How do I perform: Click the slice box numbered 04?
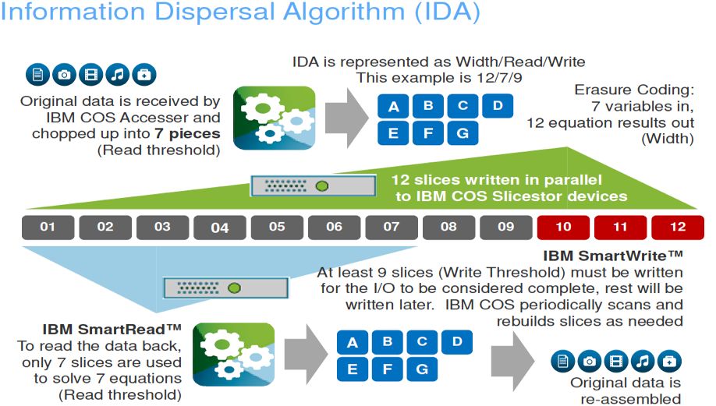pyautogui.click(x=220, y=228)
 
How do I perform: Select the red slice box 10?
pyautogui.click(x=562, y=228)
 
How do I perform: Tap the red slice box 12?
pyautogui.click(x=677, y=228)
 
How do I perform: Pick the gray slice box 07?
pyautogui.click(x=391, y=228)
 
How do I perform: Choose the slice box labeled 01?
pyautogui.click(x=48, y=228)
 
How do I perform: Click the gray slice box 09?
pyautogui.click(x=505, y=228)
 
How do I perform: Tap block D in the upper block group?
pyautogui.click(x=497, y=105)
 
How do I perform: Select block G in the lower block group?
pyautogui.click(x=422, y=367)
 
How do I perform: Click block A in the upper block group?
pyautogui.click(x=393, y=107)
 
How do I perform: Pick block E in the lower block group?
pyautogui.click(x=353, y=367)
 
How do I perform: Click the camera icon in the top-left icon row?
pyautogui.click(x=64, y=75)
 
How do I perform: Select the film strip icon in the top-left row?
pyautogui.click(x=90, y=75)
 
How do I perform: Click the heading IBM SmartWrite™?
pyautogui.click(x=612, y=256)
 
